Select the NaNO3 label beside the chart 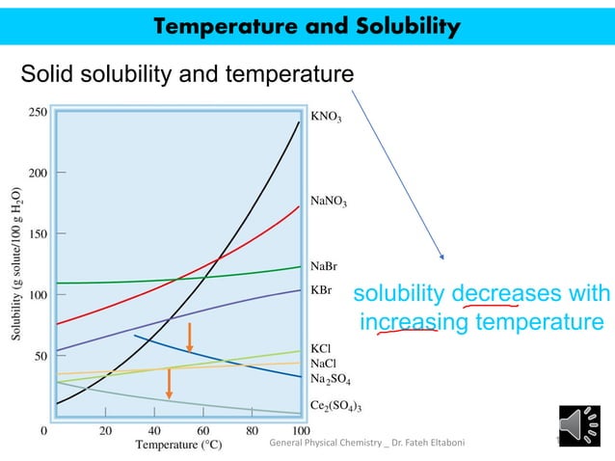329,202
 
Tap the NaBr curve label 324,266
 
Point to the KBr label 321,288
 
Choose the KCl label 321,348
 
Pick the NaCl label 323,364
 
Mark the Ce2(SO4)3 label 336,406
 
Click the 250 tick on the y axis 36,112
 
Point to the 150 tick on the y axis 36,233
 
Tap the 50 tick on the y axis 39,355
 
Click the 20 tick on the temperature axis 105,430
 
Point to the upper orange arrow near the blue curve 190,337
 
